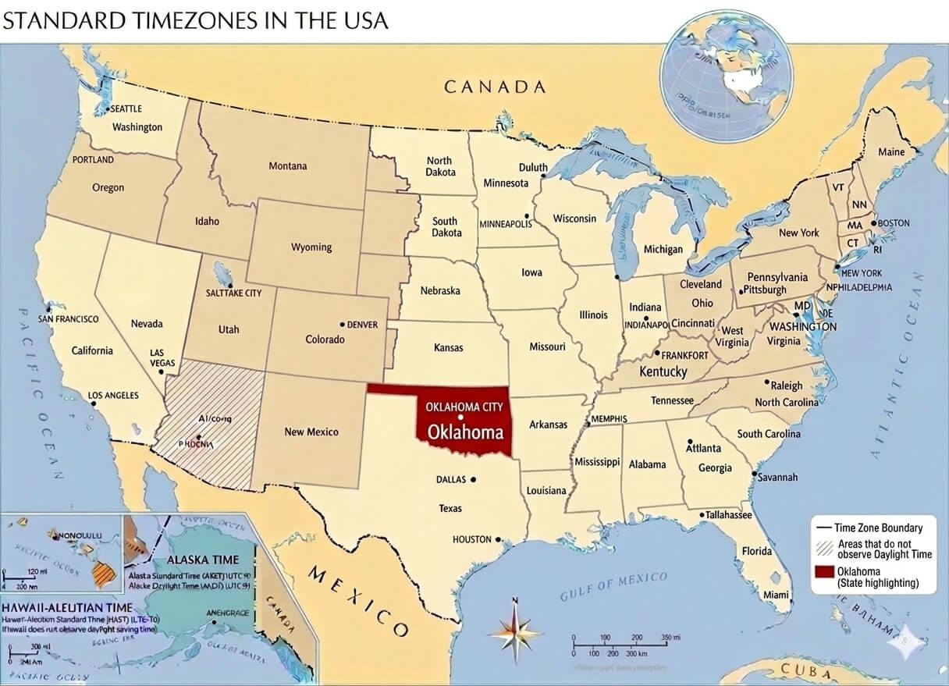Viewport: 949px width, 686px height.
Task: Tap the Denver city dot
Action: (x=342, y=324)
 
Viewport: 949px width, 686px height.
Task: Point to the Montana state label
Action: (x=288, y=165)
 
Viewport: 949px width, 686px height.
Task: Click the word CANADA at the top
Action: (x=495, y=87)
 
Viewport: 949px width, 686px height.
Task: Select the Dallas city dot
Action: (x=473, y=479)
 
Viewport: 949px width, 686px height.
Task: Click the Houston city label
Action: (x=472, y=539)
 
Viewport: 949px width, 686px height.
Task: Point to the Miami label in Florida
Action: (x=777, y=594)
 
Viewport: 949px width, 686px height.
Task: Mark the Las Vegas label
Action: (x=162, y=357)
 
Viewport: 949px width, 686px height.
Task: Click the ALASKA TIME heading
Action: (x=203, y=560)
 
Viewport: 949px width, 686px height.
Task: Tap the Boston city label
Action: (x=894, y=222)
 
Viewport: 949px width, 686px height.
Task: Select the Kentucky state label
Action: (x=663, y=371)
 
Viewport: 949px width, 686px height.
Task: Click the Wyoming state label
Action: (x=311, y=247)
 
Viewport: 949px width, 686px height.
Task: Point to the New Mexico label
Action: (x=311, y=432)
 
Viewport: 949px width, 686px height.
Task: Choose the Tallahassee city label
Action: (x=729, y=515)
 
